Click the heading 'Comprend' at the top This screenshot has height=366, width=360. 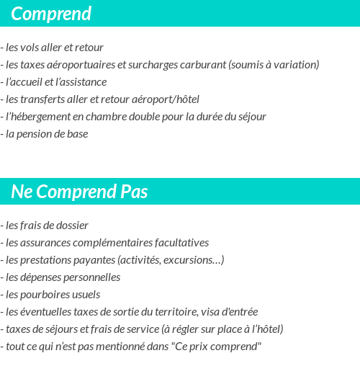(x=51, y=14)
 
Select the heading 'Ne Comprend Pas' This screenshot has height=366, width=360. (x=79, y=192)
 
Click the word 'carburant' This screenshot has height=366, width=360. (x=204, y=65)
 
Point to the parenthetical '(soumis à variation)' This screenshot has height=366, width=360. (x=274, y=65)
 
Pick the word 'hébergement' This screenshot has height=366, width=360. (x=38, y=117)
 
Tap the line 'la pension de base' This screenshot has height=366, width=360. (x=46, y=134)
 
